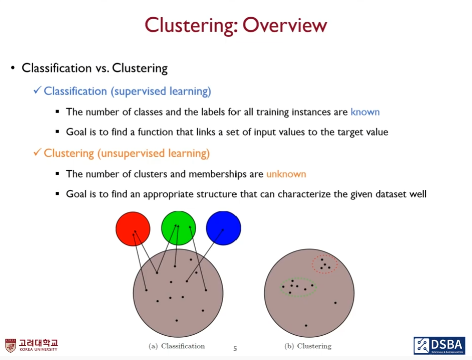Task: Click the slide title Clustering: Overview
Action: coord(235,25)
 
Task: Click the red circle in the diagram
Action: coord(133,228)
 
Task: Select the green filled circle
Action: coord(178,228)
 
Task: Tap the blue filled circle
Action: coord(223,228)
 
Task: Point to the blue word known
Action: coord(365,112)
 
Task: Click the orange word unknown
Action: coord(286,174)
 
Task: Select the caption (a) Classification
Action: coord(177,346)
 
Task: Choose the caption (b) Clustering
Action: coord(308,346)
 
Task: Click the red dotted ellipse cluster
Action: coord(325,264)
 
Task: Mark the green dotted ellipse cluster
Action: coord(299,287)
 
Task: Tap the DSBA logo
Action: coord(439,345)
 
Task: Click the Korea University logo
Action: coord(32,345)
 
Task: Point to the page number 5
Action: coord(235,349)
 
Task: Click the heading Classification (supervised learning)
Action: coord(127,91)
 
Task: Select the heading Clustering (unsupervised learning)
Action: coord(127,153)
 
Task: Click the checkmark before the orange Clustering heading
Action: coord(37,153)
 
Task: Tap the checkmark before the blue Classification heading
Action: coord(37,91)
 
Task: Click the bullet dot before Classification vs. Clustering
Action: coord(12,68)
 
